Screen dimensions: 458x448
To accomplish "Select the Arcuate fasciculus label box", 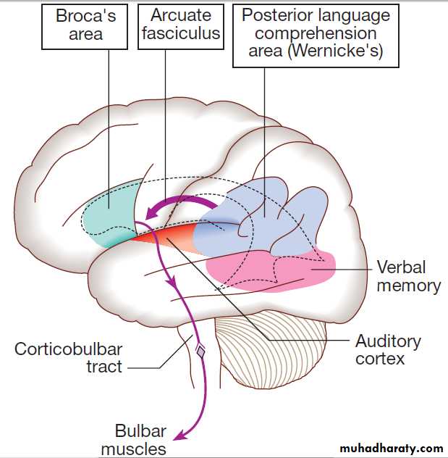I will coord(181,24).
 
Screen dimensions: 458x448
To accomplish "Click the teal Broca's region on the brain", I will coord(109,214).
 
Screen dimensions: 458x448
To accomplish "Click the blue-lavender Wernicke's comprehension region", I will coord(261,217).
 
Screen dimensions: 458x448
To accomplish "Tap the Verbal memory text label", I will coord(408,275).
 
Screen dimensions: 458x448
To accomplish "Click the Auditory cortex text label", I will coord(388,349).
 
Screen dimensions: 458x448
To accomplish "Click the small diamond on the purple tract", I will coord(200,351).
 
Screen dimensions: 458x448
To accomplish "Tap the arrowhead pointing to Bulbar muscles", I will coord(180,434).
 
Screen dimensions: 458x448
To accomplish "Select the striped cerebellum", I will coord(271,341).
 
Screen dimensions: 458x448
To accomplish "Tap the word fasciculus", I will coord(181,33).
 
